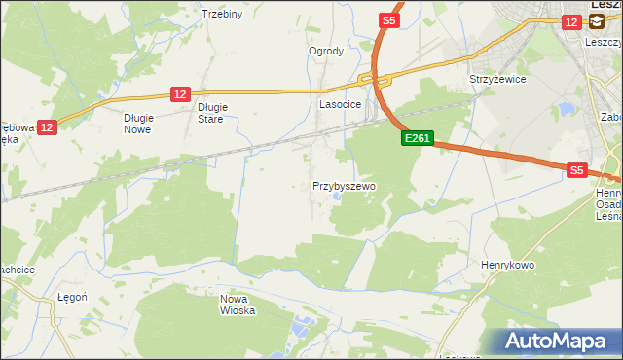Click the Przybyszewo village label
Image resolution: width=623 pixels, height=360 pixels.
344,185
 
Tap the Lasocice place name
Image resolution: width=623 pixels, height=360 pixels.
341,103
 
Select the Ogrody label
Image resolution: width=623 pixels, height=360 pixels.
326,51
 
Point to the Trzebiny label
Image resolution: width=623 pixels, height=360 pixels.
221,14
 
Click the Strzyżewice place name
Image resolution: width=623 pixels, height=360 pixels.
497,79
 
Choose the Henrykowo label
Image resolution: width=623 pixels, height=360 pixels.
510,264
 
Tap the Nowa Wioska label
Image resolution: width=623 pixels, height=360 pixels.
238,305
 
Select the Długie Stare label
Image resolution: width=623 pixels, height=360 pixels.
211,113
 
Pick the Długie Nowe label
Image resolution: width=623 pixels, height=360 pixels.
139,123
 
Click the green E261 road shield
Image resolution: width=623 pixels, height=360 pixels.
416,139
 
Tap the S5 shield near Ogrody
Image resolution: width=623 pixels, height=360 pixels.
388,19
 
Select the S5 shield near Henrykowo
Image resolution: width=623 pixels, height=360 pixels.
577,169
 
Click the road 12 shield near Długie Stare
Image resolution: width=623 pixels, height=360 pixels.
179,93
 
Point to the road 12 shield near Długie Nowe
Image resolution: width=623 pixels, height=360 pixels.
49,126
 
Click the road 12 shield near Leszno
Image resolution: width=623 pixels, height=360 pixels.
570,20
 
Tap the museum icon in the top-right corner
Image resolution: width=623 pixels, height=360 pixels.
595,20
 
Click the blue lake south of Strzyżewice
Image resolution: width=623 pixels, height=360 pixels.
565,109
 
